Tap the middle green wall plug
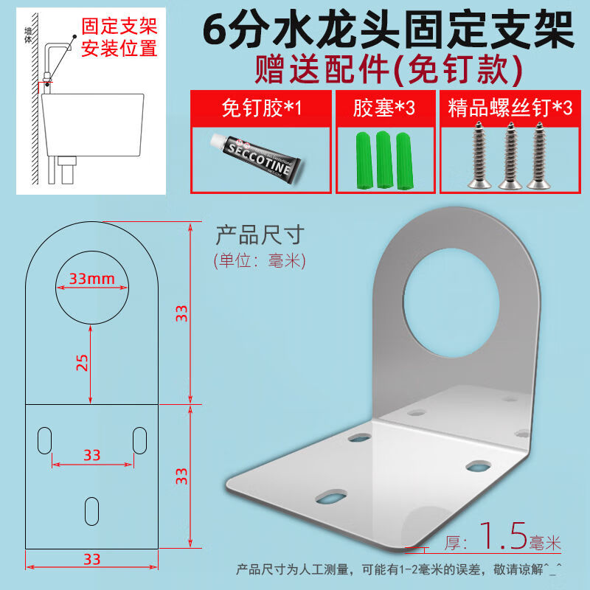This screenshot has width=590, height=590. click(x=384, y=159)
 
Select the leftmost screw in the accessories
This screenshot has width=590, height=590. click(x=479, y=155)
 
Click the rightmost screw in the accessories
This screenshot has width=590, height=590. click(x=539, y=155)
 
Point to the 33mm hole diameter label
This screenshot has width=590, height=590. click(x=91, y=279)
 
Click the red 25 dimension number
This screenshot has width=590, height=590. click(x=83, y=363)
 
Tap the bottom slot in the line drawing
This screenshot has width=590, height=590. click(x=91, y=511)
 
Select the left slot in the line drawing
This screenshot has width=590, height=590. click(x=44, y=440)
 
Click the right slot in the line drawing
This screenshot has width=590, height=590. click(x=139, y=440)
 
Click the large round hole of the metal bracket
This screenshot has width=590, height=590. click(x=451, y=303)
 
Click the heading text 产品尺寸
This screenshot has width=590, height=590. click(x=260, y=235)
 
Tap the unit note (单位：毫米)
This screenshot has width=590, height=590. click(x=260, y=260)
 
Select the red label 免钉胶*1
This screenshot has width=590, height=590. click(x=262, y=108)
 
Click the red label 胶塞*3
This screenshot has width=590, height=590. click(x=383, y=108)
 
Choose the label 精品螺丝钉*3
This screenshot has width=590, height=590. click(x=510, y=108)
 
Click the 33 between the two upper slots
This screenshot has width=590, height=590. click(x=91, y=455)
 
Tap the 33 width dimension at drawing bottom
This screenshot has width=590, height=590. click(x=91, y=560)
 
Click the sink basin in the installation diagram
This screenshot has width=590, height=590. click(x=93, y=125)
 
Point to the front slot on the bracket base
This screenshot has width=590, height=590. click(x=331, y=496)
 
